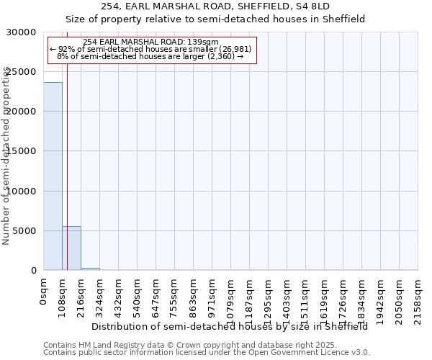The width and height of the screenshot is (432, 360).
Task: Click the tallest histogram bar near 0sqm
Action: [53, 176]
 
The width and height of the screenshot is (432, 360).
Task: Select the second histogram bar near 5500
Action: [71, 248]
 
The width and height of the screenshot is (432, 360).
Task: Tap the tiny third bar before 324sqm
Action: [90, 269]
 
